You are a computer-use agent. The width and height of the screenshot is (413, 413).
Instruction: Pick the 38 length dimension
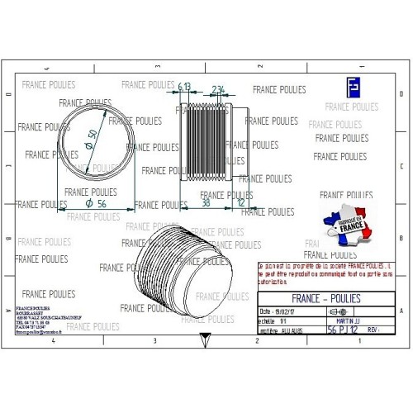[x=205, y=201]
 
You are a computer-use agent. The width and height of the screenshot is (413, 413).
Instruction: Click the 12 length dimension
[x=240, y=201]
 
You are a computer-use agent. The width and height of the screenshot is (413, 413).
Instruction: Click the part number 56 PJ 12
[x=343, y=329]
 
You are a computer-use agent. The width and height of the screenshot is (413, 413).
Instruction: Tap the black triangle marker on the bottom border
[x=202, y=337]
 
